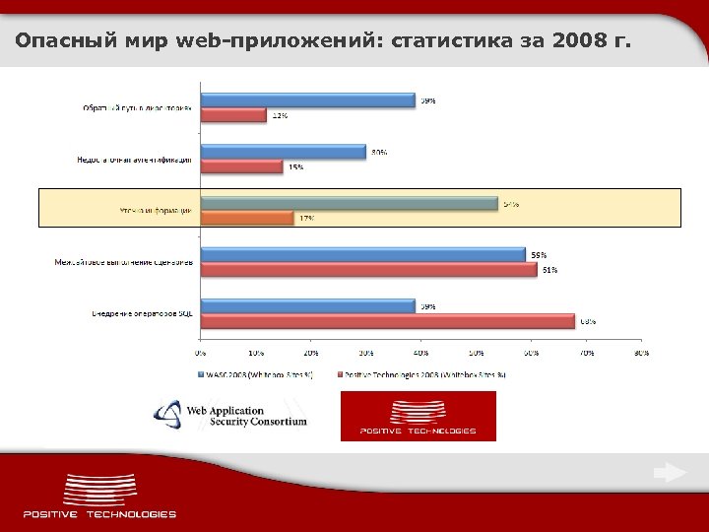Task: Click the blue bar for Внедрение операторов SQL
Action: (x=307, y=306)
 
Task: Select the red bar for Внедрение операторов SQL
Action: (x=387, y=321)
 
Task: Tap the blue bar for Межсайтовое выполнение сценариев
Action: (x=362, y=254)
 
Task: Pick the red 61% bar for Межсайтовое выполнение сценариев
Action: (x=368, y=269)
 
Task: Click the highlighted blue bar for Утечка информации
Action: (x=349, y=203)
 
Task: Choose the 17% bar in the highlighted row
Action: (x=247, y=218)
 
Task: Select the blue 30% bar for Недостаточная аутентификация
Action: (x=283, y=152)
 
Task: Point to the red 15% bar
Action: (x=241, y=166)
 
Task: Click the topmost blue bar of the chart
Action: (x=307, y=100)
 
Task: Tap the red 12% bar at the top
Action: (x=233, y=115)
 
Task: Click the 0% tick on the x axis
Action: (x=201, y=351)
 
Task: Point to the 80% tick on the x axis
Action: (x=642, y=351)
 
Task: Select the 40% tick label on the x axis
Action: (x=421, y=351)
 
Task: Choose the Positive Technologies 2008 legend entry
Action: (x=423, y=375)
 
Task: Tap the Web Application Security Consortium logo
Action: (x=230, y=415)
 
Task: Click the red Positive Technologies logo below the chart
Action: (x=418, y=416)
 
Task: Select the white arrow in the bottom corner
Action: (x=670, y=474)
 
